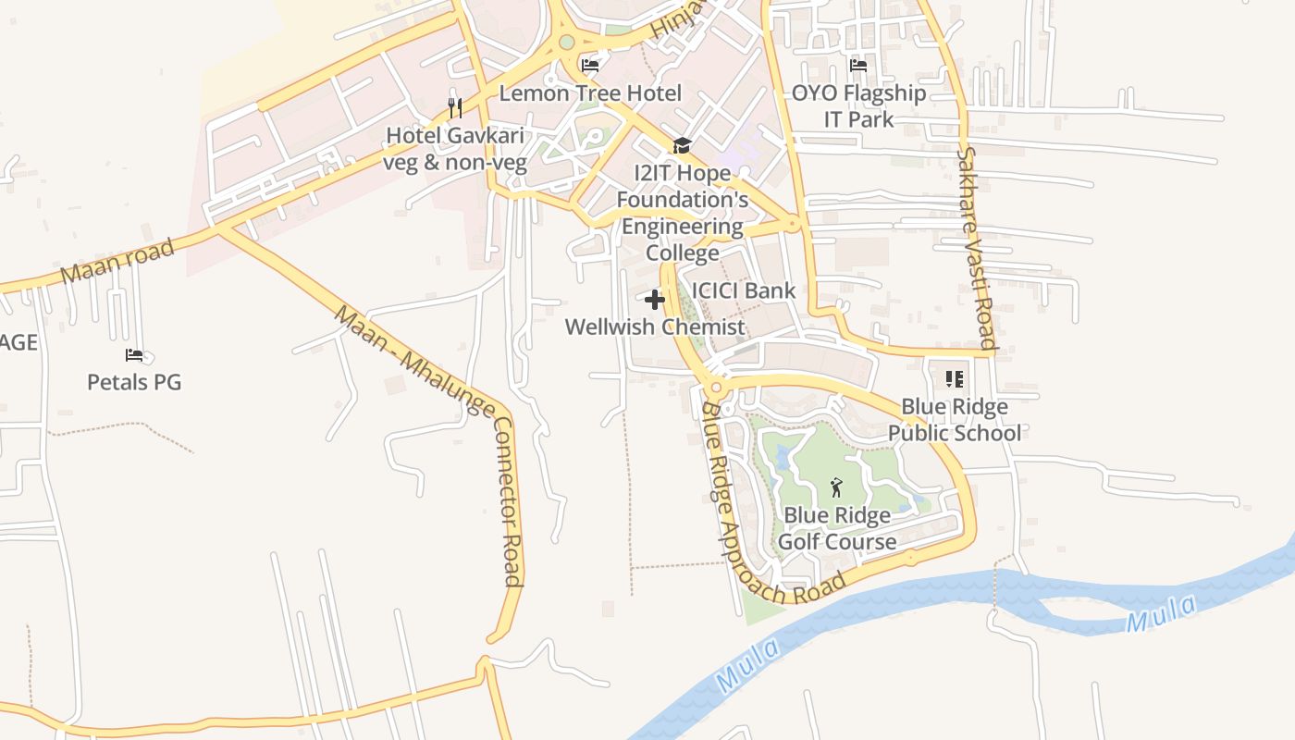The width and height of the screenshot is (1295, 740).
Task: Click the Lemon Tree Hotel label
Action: tap(590, 93)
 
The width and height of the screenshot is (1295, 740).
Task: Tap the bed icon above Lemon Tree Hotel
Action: tap(590, 65)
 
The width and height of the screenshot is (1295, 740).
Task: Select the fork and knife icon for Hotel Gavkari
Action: tap(454, 108)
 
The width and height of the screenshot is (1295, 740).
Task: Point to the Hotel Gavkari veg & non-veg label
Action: tap(455, 149)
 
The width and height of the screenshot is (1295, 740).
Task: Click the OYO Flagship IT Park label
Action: tap(858, 106)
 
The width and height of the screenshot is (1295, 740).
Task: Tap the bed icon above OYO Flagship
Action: tap(858, 66)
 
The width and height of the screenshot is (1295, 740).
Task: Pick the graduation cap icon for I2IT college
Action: tap(682, 145)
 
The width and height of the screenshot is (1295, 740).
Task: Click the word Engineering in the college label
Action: tap(682, 227)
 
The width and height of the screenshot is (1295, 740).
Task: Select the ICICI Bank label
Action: tap(743, 290)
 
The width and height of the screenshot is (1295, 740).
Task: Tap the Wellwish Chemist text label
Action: tap(654, 327)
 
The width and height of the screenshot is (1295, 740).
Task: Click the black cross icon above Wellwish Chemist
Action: tap(655, 300)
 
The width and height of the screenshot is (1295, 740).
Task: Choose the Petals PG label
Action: tap(134, 382)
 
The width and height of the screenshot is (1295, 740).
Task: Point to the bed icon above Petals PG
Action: tap(134, 355)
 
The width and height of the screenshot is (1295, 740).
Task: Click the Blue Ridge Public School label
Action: tap(955, 420)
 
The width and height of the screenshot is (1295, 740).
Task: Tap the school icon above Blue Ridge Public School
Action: tap(955, 379)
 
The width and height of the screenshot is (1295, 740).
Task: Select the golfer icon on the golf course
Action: tap(836, 487)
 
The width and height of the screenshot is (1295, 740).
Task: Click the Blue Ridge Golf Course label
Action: tap(837, 528)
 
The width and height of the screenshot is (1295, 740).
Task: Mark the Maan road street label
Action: tap(117, 262)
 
